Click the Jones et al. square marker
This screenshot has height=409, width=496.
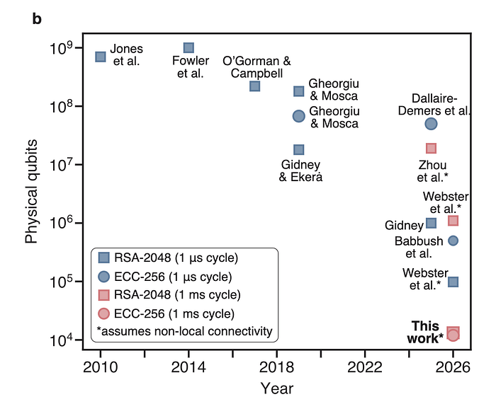pos(101,57)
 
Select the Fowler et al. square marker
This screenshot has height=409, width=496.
pos(188,48)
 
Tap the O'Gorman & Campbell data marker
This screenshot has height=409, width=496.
pos(255,86)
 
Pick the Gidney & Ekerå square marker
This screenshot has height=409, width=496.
pos(299,149)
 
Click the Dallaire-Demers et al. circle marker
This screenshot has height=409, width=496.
pos(431,124)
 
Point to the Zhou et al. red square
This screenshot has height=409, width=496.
pos(431,148)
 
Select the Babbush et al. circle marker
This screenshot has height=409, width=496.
pos(453,241)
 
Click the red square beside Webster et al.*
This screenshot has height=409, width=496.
pos(453,221)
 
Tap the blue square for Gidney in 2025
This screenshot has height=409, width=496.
pos(431,224)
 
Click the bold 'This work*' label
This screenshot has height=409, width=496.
pos(425,332)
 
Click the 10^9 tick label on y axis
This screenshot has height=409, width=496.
pos(63,48)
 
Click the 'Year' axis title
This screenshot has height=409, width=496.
pos(276,388)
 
